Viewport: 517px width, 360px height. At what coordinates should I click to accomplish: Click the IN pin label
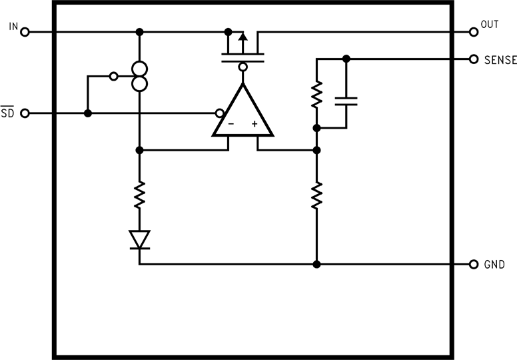click(x=13, y=26)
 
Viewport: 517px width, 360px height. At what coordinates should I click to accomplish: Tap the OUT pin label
click(x=489, y=25)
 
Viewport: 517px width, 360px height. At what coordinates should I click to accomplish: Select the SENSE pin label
click(x=500, y=60)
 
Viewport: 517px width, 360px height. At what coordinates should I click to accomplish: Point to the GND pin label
click(x=495, y=265)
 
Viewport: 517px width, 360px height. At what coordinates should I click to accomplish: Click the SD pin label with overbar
click(x=7, y=113)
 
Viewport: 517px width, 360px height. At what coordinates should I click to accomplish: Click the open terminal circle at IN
click(x=25, y=31)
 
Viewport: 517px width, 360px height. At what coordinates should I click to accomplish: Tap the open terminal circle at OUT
click(x=474, y=31)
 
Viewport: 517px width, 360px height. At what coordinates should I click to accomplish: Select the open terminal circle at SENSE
click(x=474, y=59)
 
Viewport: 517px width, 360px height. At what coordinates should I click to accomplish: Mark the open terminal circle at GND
click(x=474, y=264)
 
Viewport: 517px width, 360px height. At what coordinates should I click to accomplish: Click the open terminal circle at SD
click(x=25, y=113)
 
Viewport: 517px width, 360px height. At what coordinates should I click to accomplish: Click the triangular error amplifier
click(x=243, y=113)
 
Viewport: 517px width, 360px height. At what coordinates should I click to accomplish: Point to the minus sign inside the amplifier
click(x=231, y=124)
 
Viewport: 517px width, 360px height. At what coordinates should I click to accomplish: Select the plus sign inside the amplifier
click(x=255, y=124)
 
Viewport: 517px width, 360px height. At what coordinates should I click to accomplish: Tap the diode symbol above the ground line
click(x=140, y=239)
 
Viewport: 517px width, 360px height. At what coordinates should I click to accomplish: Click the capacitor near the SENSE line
click(x=346, y=101)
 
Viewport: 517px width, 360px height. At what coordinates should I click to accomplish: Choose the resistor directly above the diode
click(x=140, y=197)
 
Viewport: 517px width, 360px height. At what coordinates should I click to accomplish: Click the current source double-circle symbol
click(x=140, y=76)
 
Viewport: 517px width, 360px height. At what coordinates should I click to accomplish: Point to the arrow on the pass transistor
click(x=243, y=38)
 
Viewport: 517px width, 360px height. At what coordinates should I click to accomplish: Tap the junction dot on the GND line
click(x=317, y=264)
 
